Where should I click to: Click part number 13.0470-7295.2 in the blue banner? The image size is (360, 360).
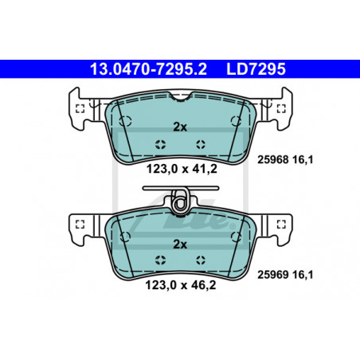(148, 69)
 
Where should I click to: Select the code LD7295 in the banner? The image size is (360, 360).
(256, 69)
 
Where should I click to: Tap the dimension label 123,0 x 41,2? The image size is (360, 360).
(182, 169)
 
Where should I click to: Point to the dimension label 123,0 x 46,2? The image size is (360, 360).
(181, 285)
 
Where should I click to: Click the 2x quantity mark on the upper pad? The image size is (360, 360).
(180, 127)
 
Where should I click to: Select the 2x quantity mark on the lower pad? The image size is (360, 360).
(180, 245)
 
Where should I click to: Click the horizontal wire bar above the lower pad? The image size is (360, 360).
(181, 188)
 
